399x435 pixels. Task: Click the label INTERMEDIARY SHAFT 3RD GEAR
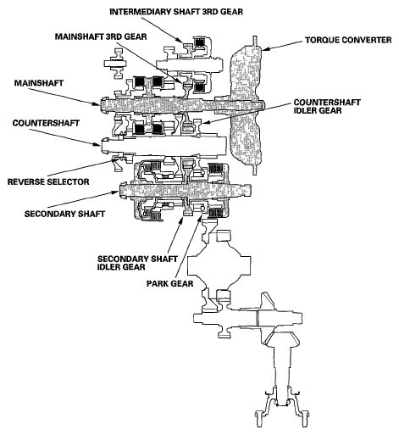tap(176, 12)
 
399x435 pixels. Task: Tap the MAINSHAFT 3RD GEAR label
tap(101, 36)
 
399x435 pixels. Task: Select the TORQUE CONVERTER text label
tap(348, 40)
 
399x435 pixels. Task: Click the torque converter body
tap(247, 104)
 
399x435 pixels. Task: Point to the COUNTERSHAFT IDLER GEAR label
tap(327, 106)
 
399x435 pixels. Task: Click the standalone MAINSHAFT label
tap(39, 83)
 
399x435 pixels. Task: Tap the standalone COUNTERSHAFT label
tap(46, 123)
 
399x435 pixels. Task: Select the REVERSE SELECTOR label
tap(48, 181)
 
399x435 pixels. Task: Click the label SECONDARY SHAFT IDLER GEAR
tap(137, 263)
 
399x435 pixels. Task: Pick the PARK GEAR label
tap(170, 283)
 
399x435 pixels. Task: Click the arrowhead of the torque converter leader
tap(264, 49)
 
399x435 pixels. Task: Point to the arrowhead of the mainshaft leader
tap(97, 104)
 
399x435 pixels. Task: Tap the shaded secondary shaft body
tap(185, 191)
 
